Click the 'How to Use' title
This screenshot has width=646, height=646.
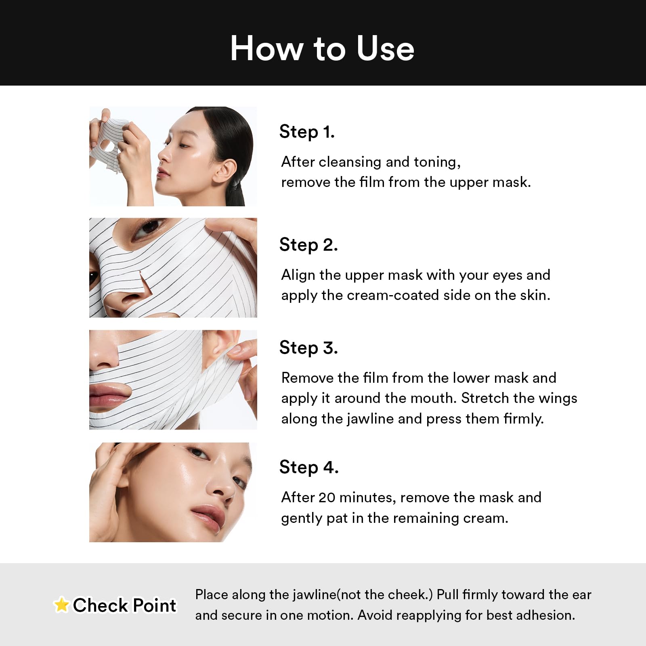(322, 48)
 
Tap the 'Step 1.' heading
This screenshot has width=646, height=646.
(307, 132)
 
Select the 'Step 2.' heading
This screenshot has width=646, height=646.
(308, 245)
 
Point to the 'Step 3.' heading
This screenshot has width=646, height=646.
(308, 348)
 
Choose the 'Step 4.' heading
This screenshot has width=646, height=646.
(309, 468)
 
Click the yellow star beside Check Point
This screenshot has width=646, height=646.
(61, 605)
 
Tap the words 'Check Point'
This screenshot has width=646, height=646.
(124, 606)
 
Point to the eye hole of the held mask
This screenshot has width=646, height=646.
(106, 144)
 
